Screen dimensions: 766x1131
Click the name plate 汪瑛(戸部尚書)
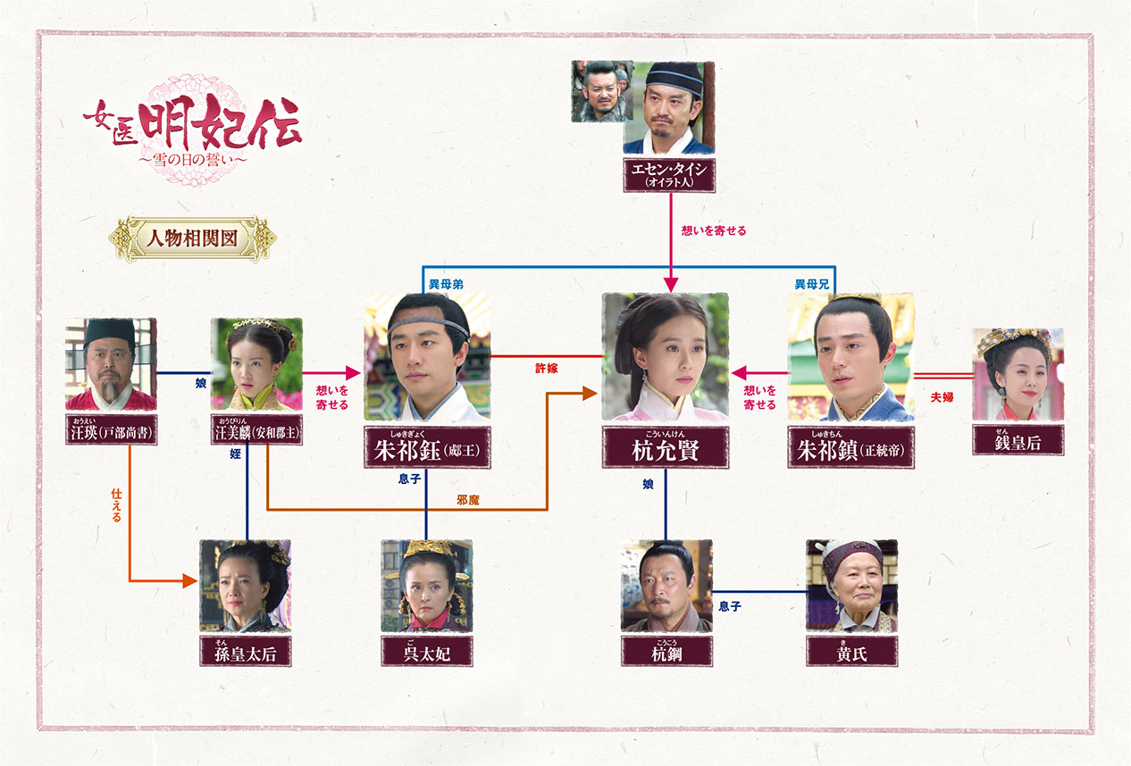coord(111,429)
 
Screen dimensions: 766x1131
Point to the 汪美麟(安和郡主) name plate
coord(256,429)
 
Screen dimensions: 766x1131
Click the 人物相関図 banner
coord(192,238)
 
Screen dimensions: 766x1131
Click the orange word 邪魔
coord(467,500)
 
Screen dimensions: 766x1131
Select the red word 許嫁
coord(547,368)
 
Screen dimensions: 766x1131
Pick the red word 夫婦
coord(942,396)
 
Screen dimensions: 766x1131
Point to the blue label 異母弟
coord(446,284)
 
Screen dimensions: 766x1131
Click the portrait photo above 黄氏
coord(851,586)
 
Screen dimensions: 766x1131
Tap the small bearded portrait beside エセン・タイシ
coord(601,91)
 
